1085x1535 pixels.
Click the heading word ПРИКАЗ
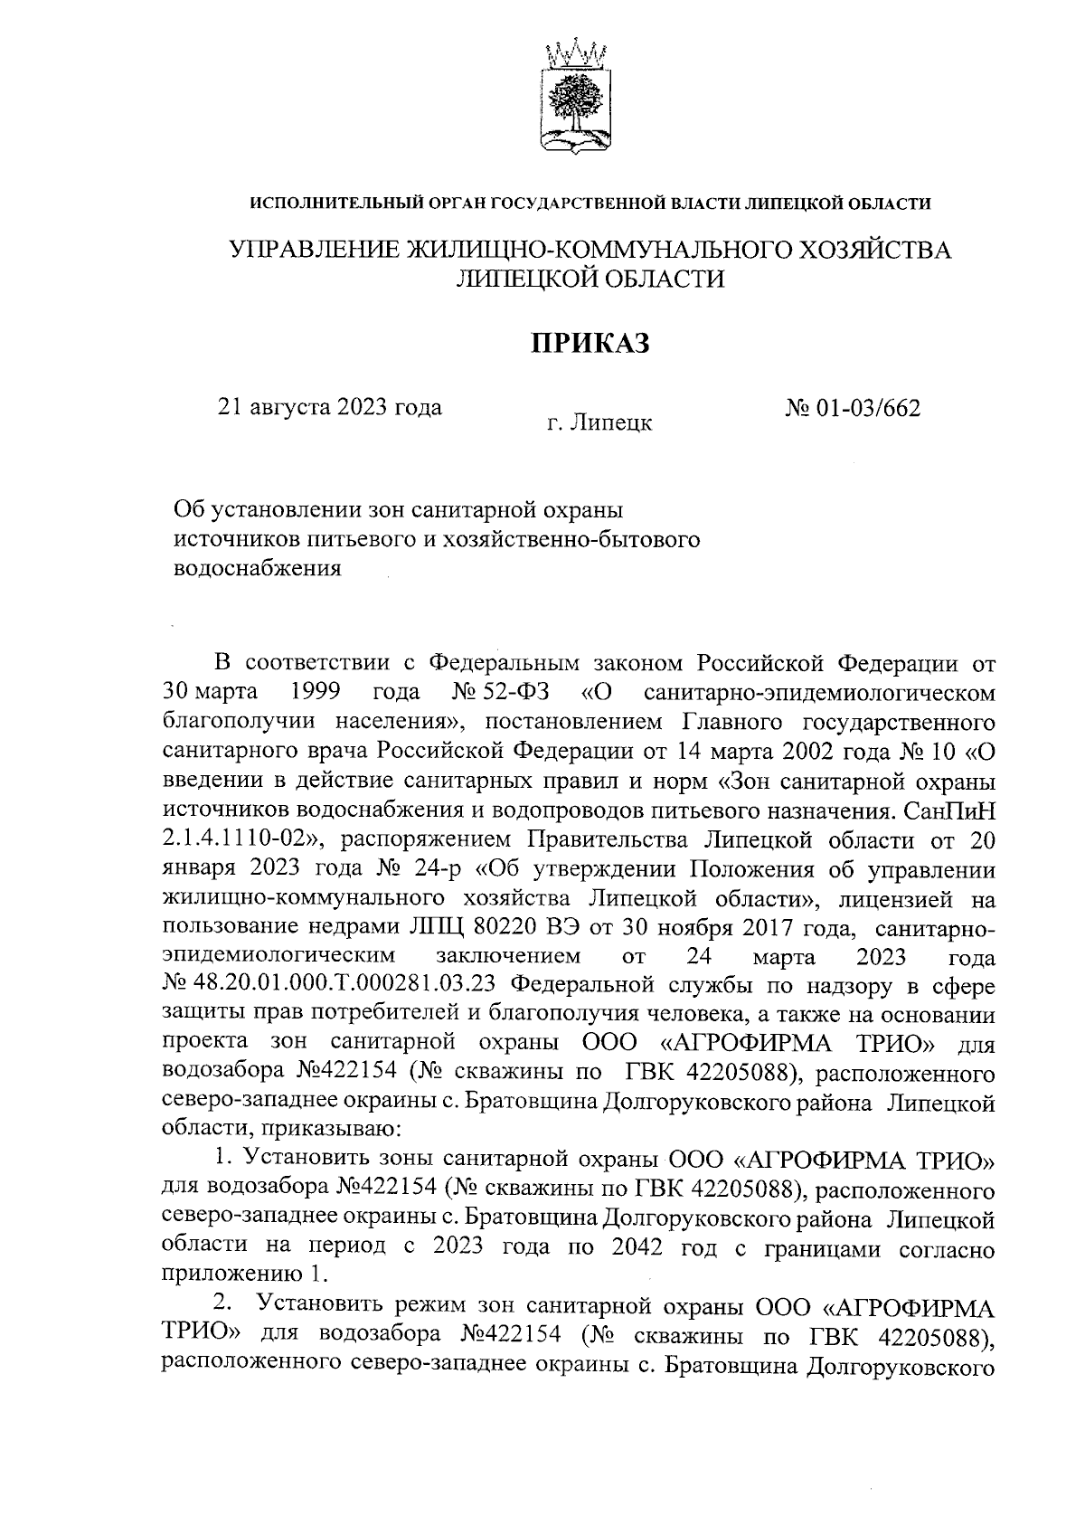[x=590, y=344]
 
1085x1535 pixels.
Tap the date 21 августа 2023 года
[x=330, y=407]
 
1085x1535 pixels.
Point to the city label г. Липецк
[x=599, y=422]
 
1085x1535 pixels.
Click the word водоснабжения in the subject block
[x=257, y=569]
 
